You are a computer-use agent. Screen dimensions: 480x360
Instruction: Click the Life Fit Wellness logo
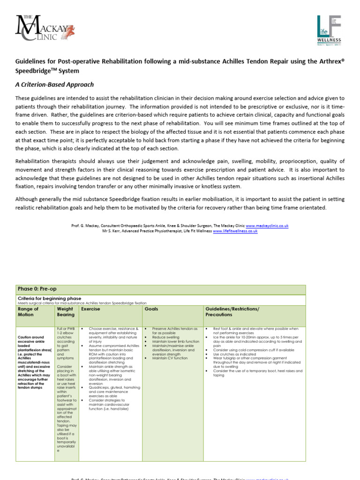[329, 30]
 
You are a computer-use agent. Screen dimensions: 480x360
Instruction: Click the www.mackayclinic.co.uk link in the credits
[267, 225]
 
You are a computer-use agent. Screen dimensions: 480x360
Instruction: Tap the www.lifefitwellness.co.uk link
[235, 231]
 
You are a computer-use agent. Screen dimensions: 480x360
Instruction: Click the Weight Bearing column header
[65, 312]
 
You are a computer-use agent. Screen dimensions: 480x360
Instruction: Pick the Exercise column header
[90, 309]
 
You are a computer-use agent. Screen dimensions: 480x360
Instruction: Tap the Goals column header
[151, 309]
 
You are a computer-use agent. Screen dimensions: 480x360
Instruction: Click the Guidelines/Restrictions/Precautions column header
[232, 312]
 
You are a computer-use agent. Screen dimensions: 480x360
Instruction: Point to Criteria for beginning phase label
[49, 298]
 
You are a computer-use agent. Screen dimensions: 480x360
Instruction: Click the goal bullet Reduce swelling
[165, 337]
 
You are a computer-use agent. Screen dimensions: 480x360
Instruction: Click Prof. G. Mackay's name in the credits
[84, 225]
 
